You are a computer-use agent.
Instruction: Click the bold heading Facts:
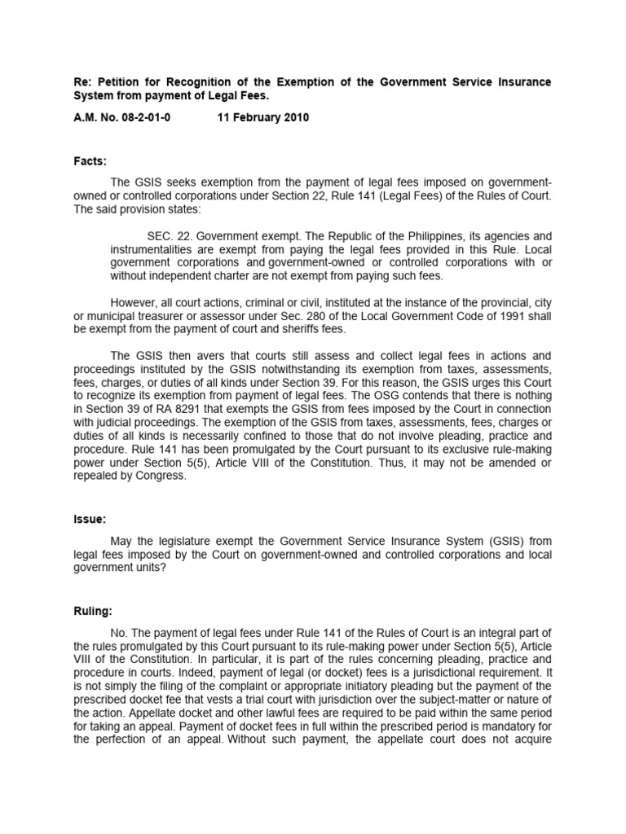tap(89, 162)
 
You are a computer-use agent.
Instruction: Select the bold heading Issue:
tap(88, 518)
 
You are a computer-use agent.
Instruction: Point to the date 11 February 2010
tap(262, 117)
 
